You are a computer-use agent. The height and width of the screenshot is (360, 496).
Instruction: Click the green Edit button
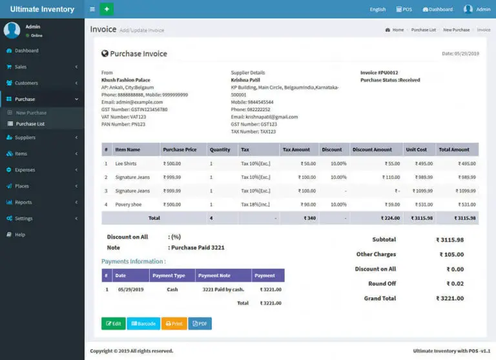click(x=113, y=324)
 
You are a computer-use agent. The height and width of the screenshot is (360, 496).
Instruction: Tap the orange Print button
click(x=174, y=324)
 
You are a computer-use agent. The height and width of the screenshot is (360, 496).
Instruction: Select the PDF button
click(x=200, y=324)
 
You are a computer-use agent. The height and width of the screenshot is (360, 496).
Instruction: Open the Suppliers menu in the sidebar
click(x=25, y=138)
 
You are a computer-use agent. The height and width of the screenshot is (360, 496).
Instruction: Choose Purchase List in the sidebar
click(x=30, y=123)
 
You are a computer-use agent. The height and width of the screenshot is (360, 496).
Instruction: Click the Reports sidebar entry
click(x=23, y=202)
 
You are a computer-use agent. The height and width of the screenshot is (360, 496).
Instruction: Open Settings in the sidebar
click(x=24, y=218)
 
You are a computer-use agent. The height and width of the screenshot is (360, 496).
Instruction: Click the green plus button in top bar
click(x=107, y=9)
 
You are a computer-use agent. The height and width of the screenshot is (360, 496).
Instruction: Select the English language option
click(x=378, y=10)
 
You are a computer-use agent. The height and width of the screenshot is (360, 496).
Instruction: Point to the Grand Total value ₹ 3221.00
click(x=449, y=299)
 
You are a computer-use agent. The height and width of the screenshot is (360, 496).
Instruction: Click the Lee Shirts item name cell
click(x=126, y=164)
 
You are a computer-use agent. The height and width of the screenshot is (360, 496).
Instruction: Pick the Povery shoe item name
click(x=129, y=204)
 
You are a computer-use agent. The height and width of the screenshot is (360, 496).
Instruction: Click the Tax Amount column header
click(x=296, y=149)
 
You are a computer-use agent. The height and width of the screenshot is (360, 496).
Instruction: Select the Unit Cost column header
click(x=416, y=149)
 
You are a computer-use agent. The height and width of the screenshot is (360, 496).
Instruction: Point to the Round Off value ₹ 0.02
click(x=455, y=284)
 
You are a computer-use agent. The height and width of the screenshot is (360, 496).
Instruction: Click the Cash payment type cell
click(x=172, y=290)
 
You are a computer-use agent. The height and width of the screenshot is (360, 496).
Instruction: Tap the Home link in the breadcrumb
click(x=397, y=30)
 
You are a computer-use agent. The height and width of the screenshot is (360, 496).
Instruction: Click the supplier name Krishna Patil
click(x=245, y=80)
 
